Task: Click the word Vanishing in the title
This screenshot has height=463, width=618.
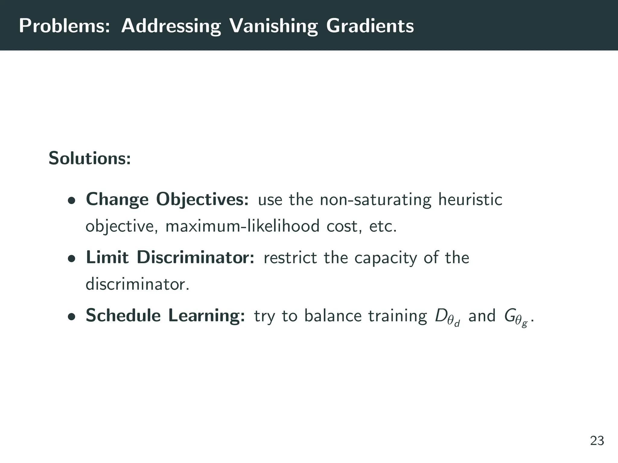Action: coord(273,26)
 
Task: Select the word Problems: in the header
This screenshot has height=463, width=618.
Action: coord(64,26)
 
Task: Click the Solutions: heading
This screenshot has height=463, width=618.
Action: coord(90,158)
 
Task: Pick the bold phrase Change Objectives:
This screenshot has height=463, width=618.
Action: coord(167,200)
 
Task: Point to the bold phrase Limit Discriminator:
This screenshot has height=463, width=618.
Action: coord(170,257)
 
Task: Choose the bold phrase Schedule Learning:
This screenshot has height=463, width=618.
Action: coord(165,316)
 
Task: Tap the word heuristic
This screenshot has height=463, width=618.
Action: coord(470,200)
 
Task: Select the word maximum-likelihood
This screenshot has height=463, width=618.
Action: coord(242,226)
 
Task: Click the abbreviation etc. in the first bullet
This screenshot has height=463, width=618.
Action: coord(383,226)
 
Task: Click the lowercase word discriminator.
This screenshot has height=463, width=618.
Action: coord(137,284)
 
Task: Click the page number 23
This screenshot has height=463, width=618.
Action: coord(597,441)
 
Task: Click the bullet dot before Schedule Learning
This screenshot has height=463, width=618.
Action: coord(71,317)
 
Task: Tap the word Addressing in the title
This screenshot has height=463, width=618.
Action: coord(171,26)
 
